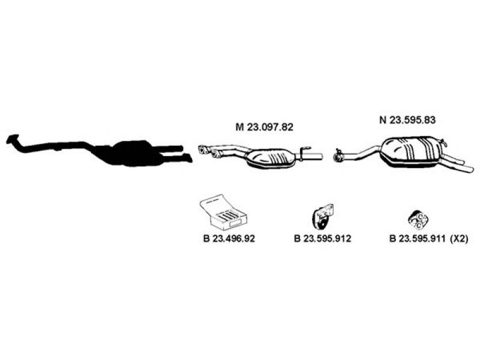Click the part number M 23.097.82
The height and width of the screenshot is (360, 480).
tap(264, 127)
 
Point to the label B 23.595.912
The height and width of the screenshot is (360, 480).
tap(322, 238)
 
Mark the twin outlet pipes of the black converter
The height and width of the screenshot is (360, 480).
tap(181, 152)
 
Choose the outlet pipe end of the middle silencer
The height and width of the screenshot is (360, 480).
tap(317, 157)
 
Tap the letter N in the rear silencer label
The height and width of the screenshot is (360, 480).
tap(382, 119)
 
